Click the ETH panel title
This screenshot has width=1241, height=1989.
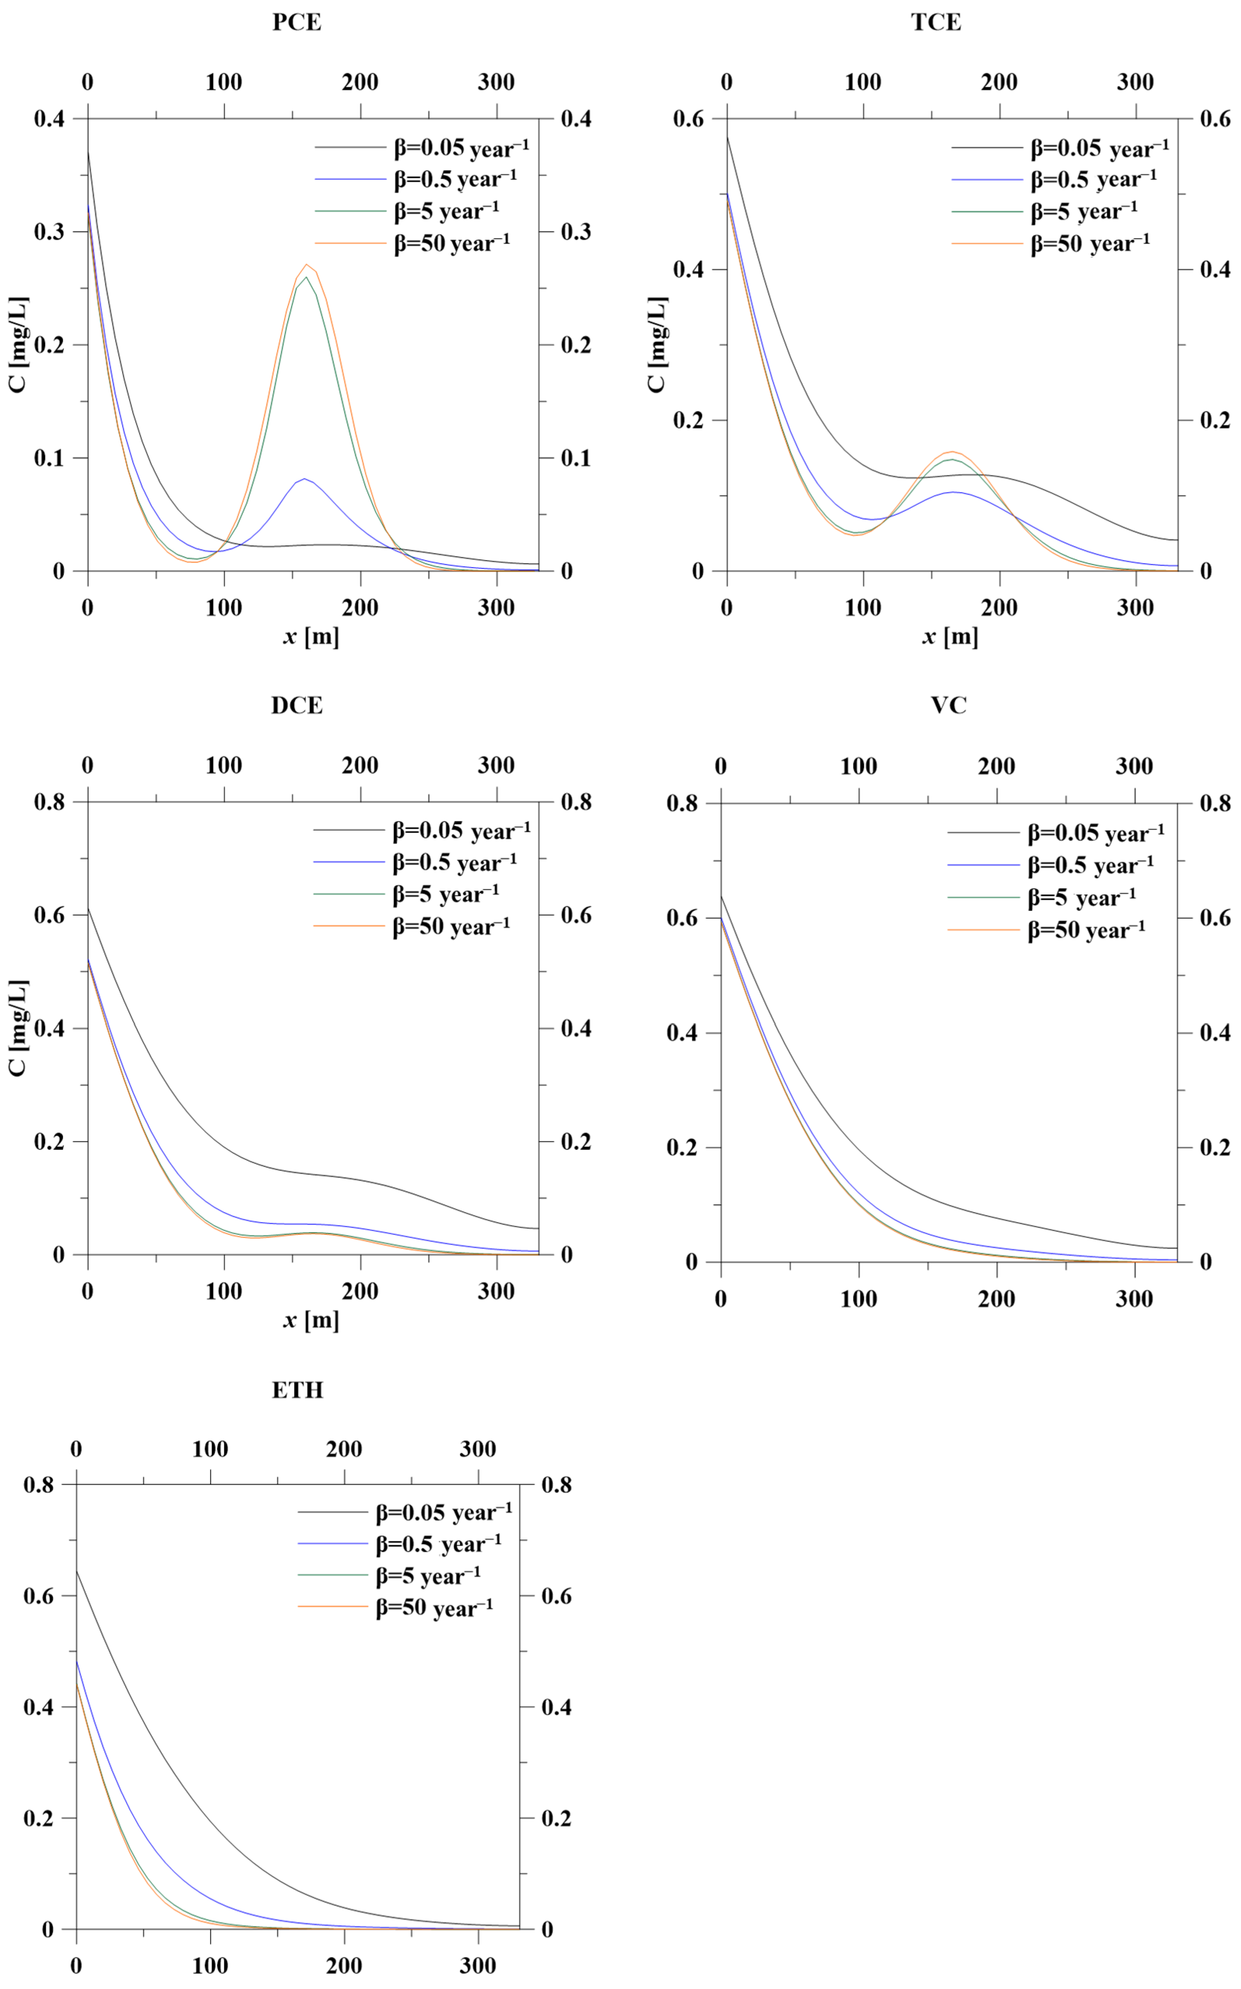coord(297,1390)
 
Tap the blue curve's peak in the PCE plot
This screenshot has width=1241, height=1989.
coord(304,479)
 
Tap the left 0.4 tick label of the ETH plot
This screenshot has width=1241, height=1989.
coord(39,1708)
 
